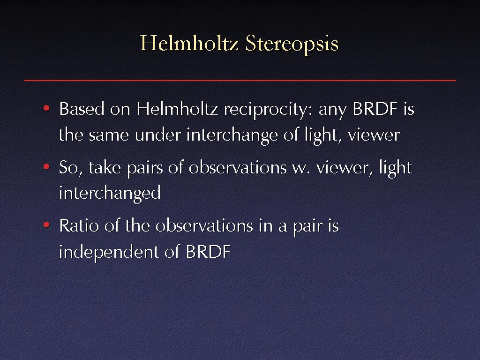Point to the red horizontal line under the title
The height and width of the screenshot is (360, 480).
[240, 80]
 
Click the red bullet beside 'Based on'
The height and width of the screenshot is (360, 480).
[46, 108]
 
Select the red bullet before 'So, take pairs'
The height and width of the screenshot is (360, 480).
[46, 166]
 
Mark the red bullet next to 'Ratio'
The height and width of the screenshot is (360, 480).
[46, 225]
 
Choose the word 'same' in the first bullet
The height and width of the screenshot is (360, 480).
[109, 135]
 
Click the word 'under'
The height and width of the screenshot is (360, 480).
[158, 135]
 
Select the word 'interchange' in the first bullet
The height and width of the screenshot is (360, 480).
[232, 136]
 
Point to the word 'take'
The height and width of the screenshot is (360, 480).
[105, 167]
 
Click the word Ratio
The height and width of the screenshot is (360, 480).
[79, 226]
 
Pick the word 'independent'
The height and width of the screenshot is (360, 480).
[109, 252]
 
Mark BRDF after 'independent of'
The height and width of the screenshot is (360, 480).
[208, 252]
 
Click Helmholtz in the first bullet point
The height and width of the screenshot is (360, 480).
[177, 109]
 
